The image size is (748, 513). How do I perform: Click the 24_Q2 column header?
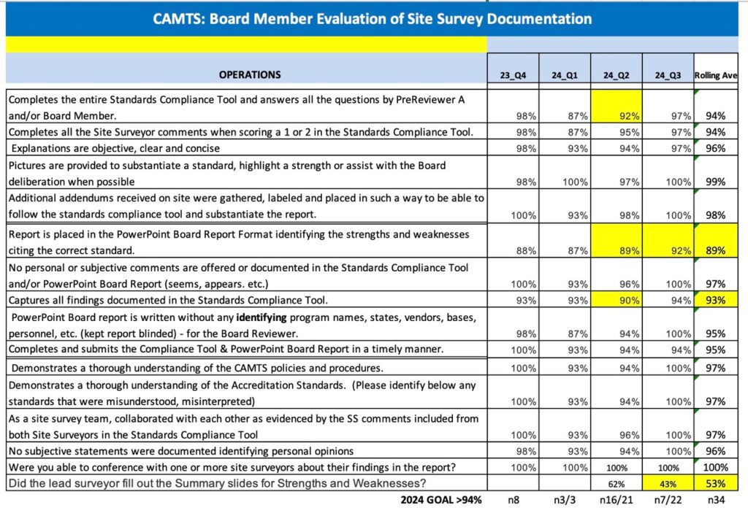[x=616, y=75]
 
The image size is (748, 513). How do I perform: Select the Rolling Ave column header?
[x=716, y=75]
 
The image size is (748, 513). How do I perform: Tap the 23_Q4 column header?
[x=513, y=75]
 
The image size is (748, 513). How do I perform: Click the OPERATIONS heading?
[x=250, y=75]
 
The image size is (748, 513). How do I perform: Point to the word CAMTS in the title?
[x=178, y=19]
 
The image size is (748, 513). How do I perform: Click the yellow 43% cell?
[x=668, y=484]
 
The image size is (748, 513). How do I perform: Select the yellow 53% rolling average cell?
[x=716, y=483]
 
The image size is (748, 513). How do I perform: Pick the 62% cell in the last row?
[x=617, y=484]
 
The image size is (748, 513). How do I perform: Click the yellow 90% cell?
[x=617, y=300]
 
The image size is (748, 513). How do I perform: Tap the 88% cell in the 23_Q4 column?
[x=526, y=250]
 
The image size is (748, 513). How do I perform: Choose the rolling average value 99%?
[x=716, y=182]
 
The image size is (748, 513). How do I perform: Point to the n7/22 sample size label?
[x=668, y=500]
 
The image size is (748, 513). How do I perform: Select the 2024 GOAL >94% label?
[x=440, y=500]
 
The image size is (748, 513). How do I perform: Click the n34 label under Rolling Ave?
[x=716, y=500]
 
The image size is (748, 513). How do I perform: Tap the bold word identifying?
[x=262, y=317]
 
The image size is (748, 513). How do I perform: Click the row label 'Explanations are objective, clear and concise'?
[x=115, y=148]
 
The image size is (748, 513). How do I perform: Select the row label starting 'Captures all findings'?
[x=168, y=300]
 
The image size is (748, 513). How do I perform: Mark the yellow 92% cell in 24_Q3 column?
[x=668, y=241]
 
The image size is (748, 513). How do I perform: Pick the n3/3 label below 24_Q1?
[x=565, y=500]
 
